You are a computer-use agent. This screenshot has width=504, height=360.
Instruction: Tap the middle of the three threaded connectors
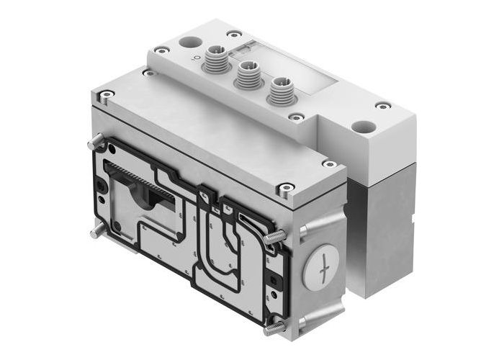coord(248,72)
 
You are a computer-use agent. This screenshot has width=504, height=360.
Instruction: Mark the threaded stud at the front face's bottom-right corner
coord(273,329)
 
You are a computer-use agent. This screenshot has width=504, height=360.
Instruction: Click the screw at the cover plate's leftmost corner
coord(107,94)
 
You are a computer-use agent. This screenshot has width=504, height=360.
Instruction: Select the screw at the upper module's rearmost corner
coord(235,33)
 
